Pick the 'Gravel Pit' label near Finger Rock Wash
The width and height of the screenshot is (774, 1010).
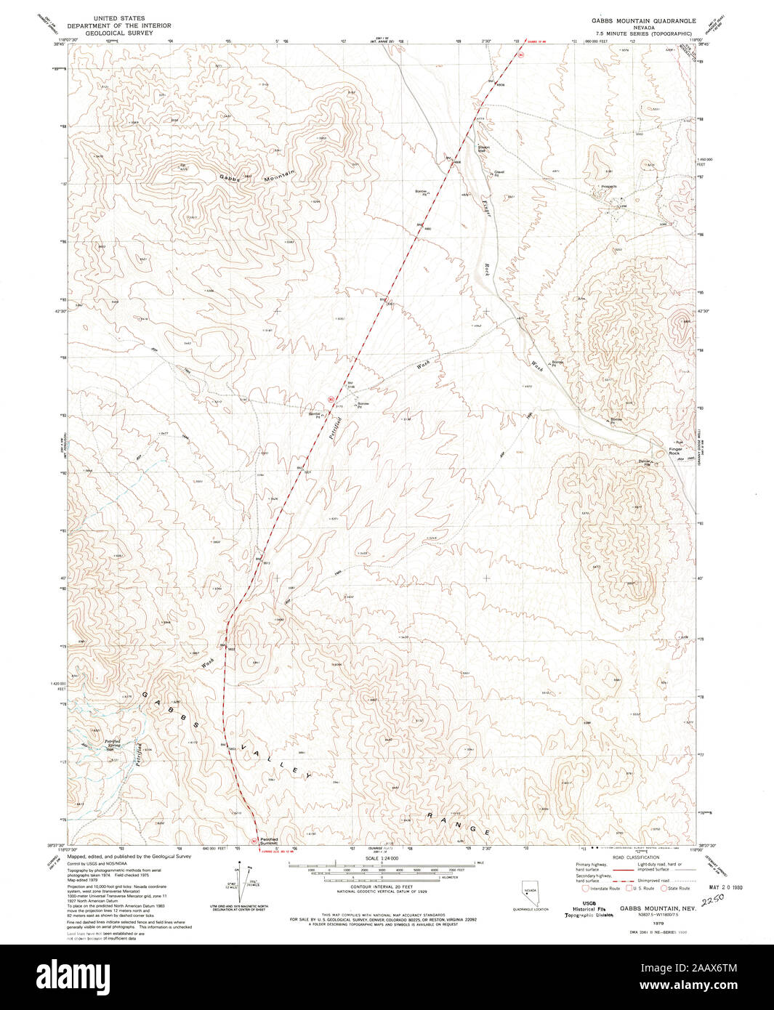pos(499,173)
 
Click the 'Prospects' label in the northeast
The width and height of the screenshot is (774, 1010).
pos(609,186)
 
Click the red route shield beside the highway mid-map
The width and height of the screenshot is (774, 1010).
pos(330,398)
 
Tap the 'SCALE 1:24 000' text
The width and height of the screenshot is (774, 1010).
pos(379,859)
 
